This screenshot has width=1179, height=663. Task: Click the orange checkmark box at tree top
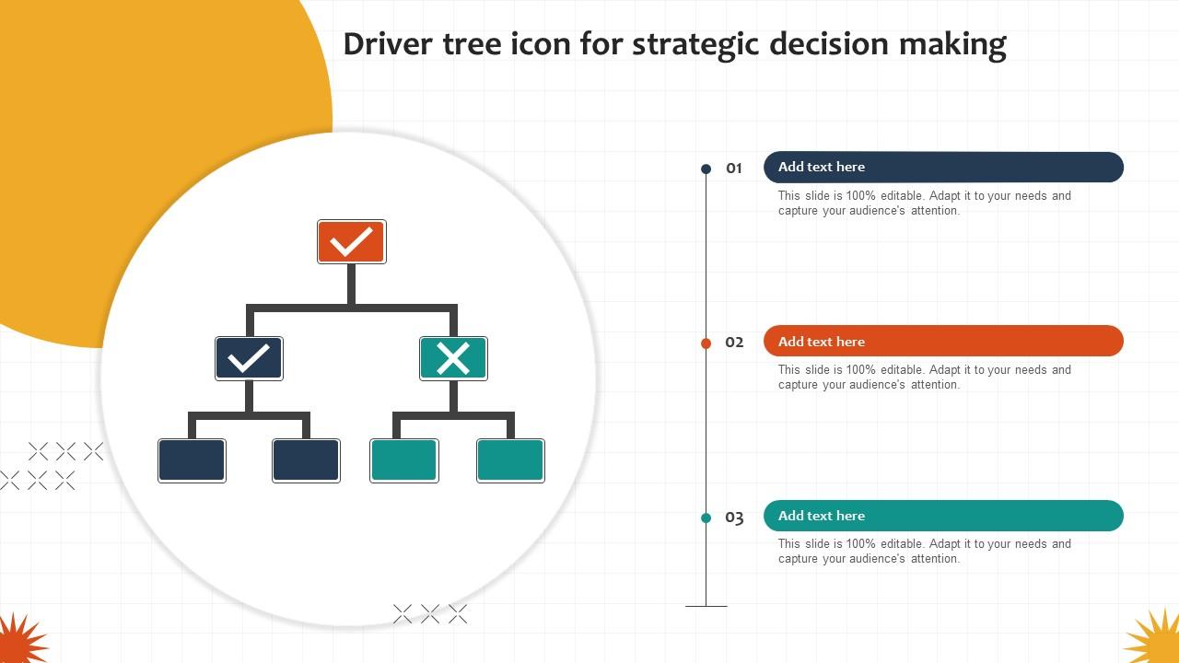(x=351, y=241)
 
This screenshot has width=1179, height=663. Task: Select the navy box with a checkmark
(x=249, y=358)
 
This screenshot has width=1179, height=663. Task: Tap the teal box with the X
(x=453, y=358)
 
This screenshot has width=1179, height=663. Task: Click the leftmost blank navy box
(x=192, y=460)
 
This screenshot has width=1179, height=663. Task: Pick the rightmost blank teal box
(x=510, y=460)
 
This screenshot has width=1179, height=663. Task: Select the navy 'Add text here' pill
(x=943, y=167)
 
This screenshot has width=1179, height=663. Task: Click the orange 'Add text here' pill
(x=943, y=341)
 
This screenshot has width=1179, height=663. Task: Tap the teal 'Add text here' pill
(x=943, y=516)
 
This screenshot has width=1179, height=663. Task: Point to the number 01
(x=734, y=169)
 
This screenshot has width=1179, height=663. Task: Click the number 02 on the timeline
(x=734, y=343)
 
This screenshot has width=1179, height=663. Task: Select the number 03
(x=734, y=518)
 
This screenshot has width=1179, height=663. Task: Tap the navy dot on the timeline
(x=706, y=169)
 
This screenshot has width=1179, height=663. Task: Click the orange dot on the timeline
(x=706, y=343)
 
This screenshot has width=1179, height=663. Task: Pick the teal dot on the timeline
(x=706, y=518)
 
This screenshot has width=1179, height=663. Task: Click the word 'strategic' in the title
(x=695, y=44)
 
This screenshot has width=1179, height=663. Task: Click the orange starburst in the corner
(x=18, y=641)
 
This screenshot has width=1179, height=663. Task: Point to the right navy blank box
(x=306, y=460)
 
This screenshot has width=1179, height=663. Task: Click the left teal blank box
(x=403, y=460)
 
